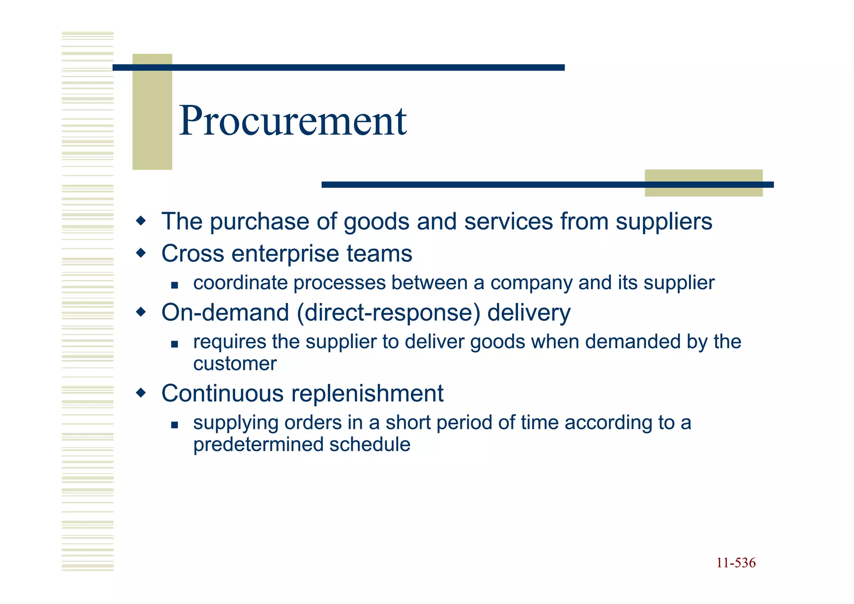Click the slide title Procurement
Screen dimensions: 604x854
point(293,121)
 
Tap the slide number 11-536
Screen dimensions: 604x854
point(736,563)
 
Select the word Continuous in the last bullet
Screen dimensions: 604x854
point(223,393)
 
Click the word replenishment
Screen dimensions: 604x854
point(367,393)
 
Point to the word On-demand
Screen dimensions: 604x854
point(225,313)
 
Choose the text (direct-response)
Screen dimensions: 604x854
point(388,313)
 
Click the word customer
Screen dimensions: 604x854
point(235,364)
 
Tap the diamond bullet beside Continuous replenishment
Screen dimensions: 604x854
point(141,392)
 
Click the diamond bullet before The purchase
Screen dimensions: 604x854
point(141,220)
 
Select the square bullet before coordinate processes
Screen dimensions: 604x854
point(174,286)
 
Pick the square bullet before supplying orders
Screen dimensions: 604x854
point(174,425)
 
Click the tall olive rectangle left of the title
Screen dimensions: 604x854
point(152,112)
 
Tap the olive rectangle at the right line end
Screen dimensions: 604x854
point(703,183)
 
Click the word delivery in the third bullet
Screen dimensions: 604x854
point(528,313)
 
